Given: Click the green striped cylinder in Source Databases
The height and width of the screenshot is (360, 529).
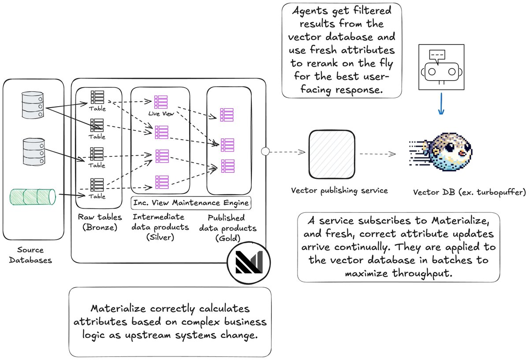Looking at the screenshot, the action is pyautogui.click(x=33, y=197).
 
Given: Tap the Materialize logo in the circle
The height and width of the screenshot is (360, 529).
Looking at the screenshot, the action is pyautogui.click(x=249, y=262).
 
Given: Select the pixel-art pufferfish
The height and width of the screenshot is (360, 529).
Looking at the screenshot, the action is pyautogui.click(x=441, y=152).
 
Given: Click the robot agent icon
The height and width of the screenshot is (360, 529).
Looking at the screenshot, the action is pyautogui.click(x=441, y=67).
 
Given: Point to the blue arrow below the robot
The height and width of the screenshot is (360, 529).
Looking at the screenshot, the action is pyautogui.click(x=441, y=104).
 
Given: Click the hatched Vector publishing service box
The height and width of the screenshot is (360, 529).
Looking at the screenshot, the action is pyautogui.click(x=332, y=154).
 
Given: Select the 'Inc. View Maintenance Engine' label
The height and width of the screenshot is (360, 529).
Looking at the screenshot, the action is pyautogui.click(x=191, y=203).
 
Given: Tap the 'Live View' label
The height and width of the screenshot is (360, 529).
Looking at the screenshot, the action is pyautogui.click(x=161, y=114).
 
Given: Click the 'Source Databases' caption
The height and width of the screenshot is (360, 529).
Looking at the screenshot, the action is pyautogui.click(x=30, y=255).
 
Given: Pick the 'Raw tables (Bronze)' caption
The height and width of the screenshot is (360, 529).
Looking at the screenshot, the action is pyautogui.click(x=100, y=222).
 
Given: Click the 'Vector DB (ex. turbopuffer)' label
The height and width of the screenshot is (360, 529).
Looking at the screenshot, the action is pyautogui.click(x=469, y=193).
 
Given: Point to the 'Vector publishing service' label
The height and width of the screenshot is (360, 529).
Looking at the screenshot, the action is pyautogui.click(x=339, y=190).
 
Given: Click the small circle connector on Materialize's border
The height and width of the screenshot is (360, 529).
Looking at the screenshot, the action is pyautogui.click(x=265, y=151).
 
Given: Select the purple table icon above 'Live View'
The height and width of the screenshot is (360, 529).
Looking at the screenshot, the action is pyautogui.click(x=161, y=102).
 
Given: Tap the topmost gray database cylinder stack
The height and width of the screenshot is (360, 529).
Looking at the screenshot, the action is pyautogui.click(x=33, y=105).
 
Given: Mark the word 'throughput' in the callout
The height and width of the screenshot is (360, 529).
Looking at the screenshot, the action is pyautogui.click(x=422, y=274).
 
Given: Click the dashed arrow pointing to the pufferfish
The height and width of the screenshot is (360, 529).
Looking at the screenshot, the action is pyautogui.click(x=378, y=154).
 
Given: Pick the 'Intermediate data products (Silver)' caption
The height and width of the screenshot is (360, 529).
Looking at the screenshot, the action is pyautogui.click(x=160, y=227).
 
